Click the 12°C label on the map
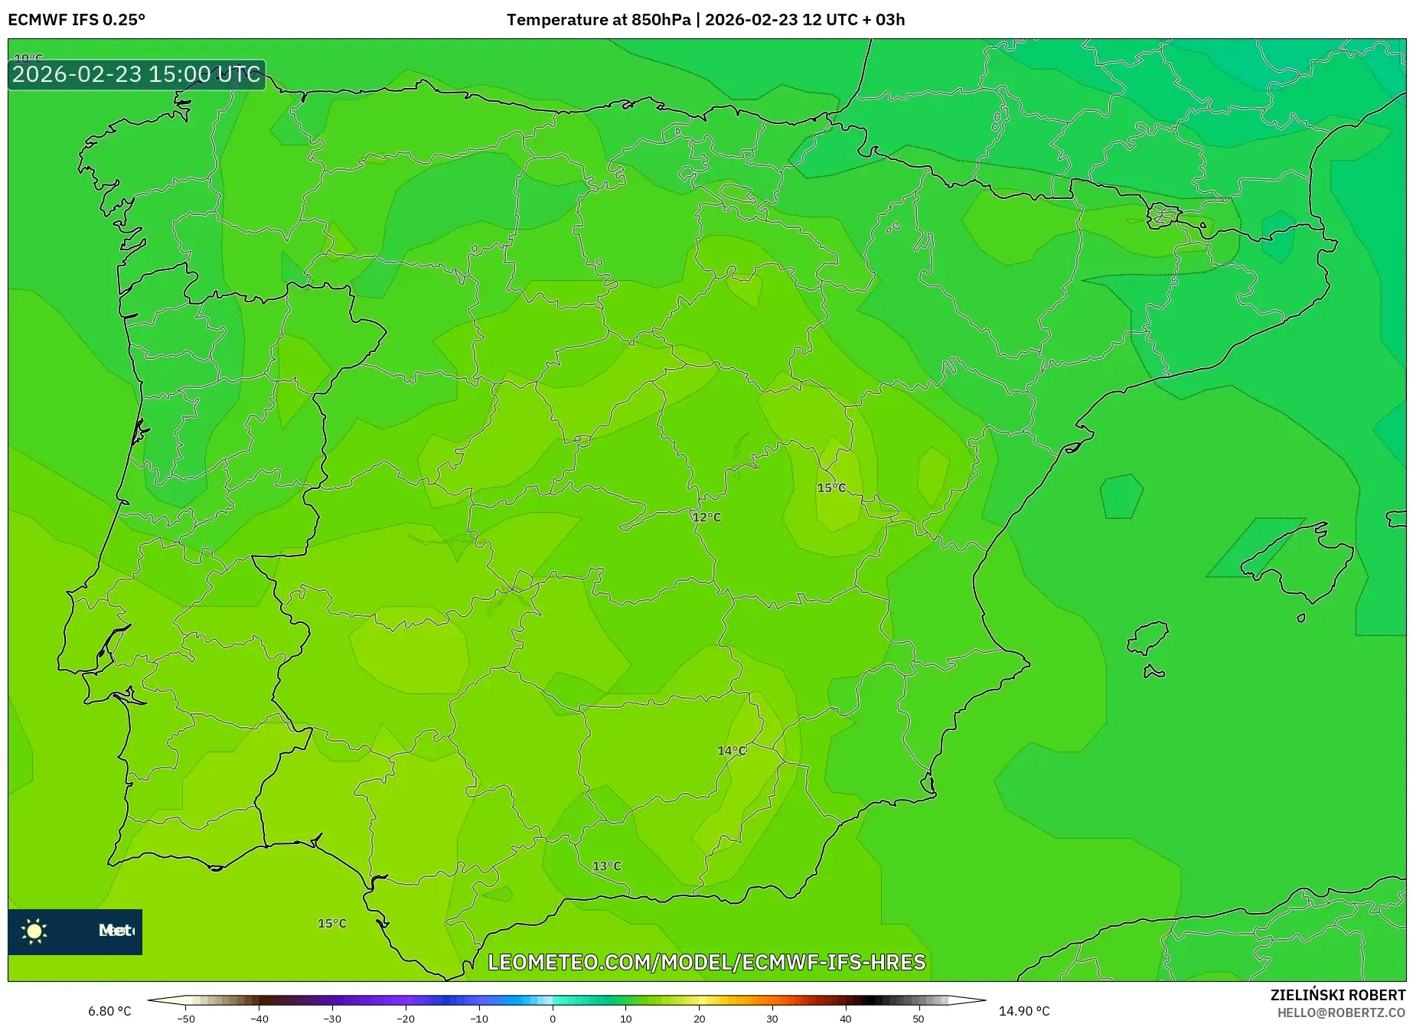(x=706, y=517)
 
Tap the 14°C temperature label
(x=731, y=751)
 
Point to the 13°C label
(x=606, y=866)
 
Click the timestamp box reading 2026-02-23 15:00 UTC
(x=137, y=74)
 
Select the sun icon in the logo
(x=34, y=931)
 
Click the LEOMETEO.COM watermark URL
(x=706, y=962)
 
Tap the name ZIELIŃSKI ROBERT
(x=1337, y=996)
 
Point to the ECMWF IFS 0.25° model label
(x=77, y=20)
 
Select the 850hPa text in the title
(x=661, y=20)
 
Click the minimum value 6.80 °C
(x=109, y=1012)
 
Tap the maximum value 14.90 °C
(x=1024, y=1012)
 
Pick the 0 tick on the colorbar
(x=553, y=1019)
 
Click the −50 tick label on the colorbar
(x=186, y=1019)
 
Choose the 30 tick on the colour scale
(x=772, y=1019)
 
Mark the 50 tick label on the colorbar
(x=919, y=1019)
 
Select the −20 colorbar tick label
(x=406, y=1019)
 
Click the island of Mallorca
(x=1295, y=558)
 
